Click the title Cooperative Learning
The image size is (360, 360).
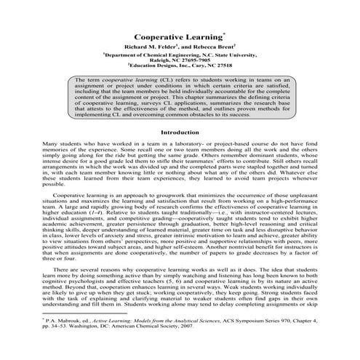tap(179, 36)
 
